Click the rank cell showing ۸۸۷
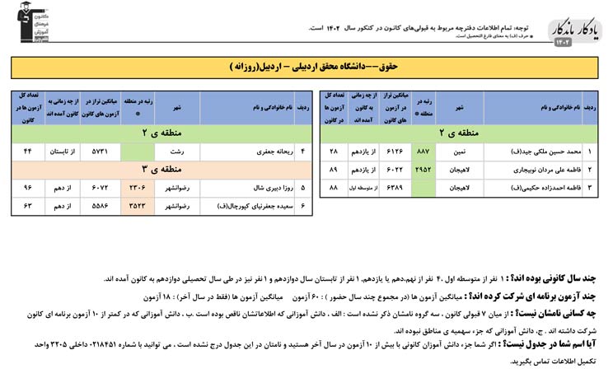(x=423, y=152)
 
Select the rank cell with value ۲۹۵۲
(x=423, y=170)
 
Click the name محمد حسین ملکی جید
(x=540, y=152)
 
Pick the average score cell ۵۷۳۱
(x=99, y=152)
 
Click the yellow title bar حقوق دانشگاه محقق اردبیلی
(x=306, y=66)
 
